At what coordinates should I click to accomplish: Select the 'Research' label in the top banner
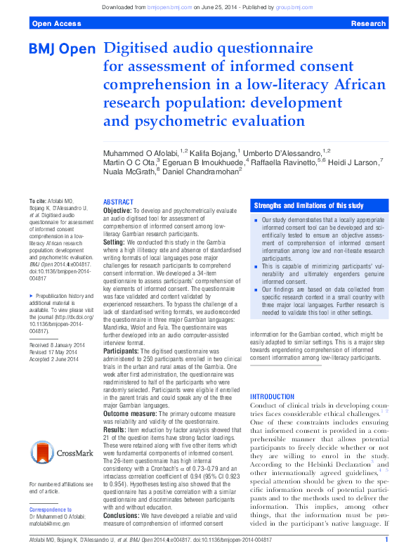point(368,23)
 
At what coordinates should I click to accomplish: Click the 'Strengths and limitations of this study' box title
point(309,205)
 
